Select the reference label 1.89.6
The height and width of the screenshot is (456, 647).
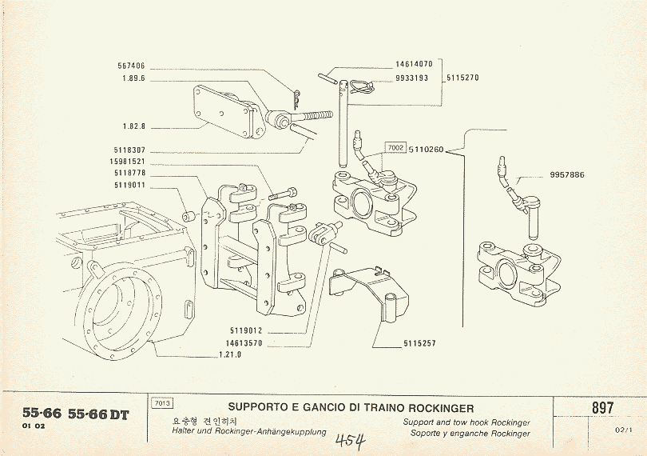133,79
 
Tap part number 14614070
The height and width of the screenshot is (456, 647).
414,64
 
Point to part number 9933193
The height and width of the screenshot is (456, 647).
412,78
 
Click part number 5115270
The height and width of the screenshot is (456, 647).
462,78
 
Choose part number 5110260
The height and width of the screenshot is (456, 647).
426,149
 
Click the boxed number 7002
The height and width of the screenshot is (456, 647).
395,149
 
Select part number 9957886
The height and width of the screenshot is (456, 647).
567,175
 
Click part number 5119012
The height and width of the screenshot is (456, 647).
245,330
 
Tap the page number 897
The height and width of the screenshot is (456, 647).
603,407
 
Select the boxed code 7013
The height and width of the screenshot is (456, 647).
161,403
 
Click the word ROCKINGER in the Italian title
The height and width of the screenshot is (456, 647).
435,408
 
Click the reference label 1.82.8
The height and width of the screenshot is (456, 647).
133,126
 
